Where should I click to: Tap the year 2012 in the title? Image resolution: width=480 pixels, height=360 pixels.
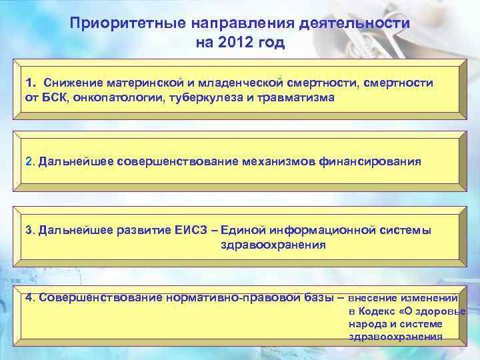click(x=234, y=43)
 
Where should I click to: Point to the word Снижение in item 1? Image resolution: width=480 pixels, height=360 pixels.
click(x=73, y=83)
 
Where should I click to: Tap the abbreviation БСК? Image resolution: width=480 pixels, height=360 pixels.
click(x=52, y=97)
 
